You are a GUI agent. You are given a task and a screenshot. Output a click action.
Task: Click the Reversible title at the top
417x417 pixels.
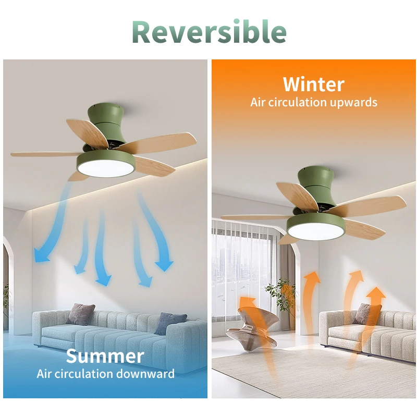[x=209, y=32]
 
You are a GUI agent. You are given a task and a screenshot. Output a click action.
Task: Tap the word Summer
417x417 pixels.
[x=105, y=356]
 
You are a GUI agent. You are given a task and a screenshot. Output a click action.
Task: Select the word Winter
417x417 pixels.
[x=314, y=84]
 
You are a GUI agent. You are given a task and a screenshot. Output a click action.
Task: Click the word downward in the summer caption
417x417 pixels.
[x=145, y=374]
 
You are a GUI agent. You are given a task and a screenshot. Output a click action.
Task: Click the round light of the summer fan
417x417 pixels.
[x=106, y=168]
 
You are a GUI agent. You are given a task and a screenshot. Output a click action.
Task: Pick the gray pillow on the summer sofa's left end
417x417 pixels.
[x=80, y=314]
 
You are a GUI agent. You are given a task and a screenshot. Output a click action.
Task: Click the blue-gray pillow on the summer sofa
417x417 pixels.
[x=170, y=323]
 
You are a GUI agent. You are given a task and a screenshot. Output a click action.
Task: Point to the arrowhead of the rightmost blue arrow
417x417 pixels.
[x=164, y=265]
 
